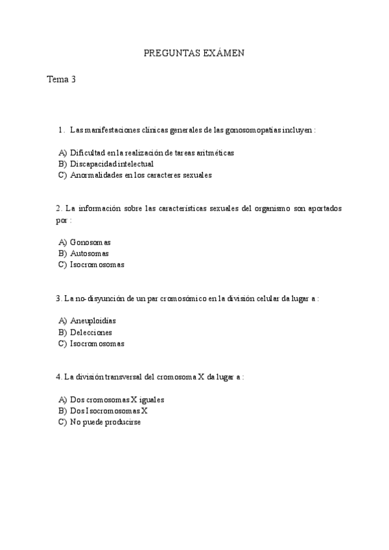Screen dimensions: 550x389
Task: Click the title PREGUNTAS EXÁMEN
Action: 193,53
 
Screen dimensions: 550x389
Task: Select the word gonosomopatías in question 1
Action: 253,130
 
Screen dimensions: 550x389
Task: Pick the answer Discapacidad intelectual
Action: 112,164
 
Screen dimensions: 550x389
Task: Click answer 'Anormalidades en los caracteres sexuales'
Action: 141,175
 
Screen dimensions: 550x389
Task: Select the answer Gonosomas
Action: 90,243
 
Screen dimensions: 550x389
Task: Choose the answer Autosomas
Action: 89,254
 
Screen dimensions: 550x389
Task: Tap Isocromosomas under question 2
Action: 97,265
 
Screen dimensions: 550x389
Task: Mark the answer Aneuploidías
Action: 93,321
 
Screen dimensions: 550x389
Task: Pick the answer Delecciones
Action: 91,332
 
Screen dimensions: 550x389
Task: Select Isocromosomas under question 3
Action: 97,344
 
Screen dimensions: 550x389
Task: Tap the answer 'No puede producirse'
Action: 105,422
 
